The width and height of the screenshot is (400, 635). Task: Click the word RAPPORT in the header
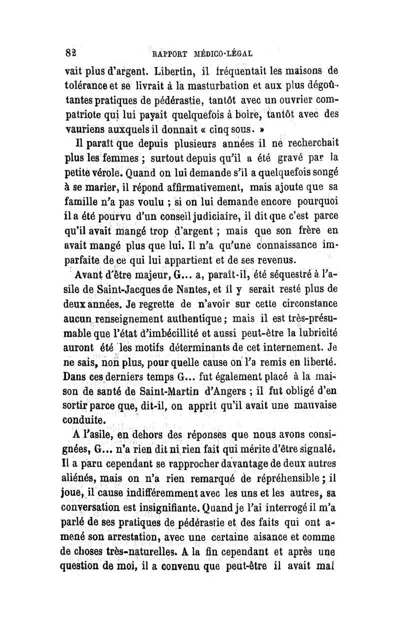point(170,52)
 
